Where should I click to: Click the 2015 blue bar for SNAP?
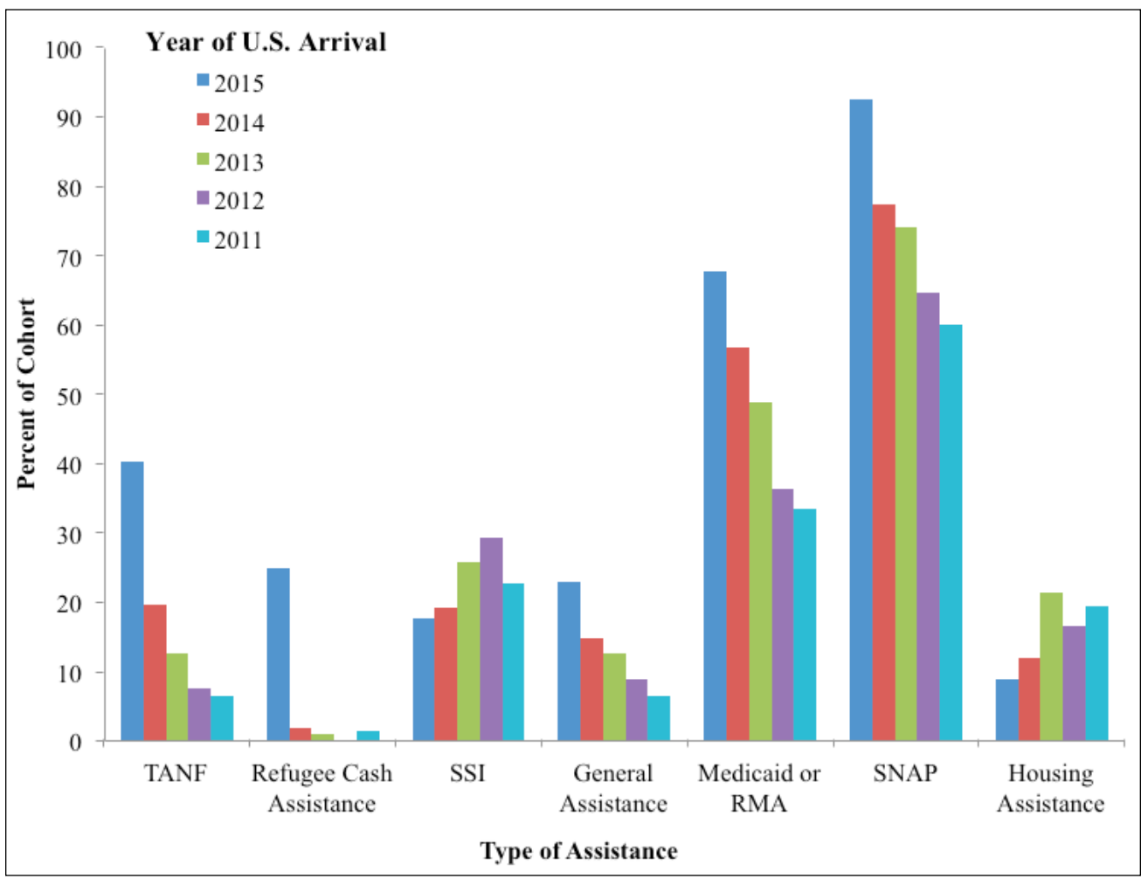861,419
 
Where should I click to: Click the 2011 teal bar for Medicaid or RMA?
805,625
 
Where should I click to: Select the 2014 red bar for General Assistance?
591,689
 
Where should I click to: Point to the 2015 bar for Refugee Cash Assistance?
278,654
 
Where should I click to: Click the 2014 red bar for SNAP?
883,473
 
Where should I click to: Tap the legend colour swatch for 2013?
203,160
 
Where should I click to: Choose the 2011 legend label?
239,240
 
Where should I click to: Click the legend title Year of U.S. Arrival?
266,42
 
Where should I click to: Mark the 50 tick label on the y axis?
63,396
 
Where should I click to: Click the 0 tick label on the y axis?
74,742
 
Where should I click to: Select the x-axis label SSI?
467,773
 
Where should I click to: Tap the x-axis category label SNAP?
905,773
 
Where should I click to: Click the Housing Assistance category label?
1050,788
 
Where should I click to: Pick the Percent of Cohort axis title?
26,393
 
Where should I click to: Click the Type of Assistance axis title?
578,851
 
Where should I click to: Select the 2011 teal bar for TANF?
222,718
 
